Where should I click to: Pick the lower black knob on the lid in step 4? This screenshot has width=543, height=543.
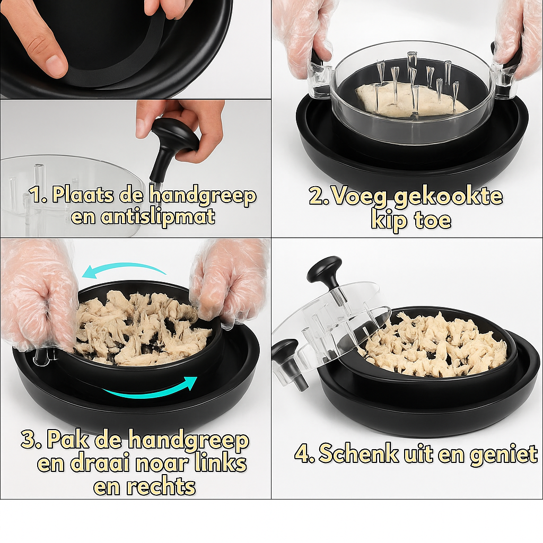point(286,352)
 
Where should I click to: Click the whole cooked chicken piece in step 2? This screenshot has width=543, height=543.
point(408,100)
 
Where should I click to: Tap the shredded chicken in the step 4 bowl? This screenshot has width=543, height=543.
point(435,345)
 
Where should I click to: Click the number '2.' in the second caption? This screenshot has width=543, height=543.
point(320,197)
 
